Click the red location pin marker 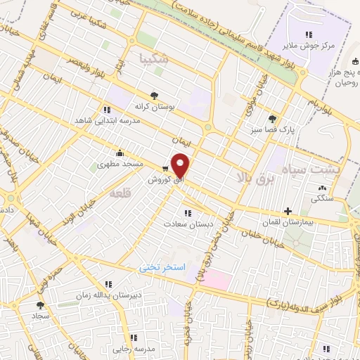tap(181, 165)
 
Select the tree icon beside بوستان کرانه tap(154, 95)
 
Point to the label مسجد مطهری tap(121, 163)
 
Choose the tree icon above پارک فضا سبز tap(271, 119)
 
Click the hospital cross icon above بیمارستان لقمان tap(288, 211)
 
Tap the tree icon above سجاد tap(40, 305)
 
